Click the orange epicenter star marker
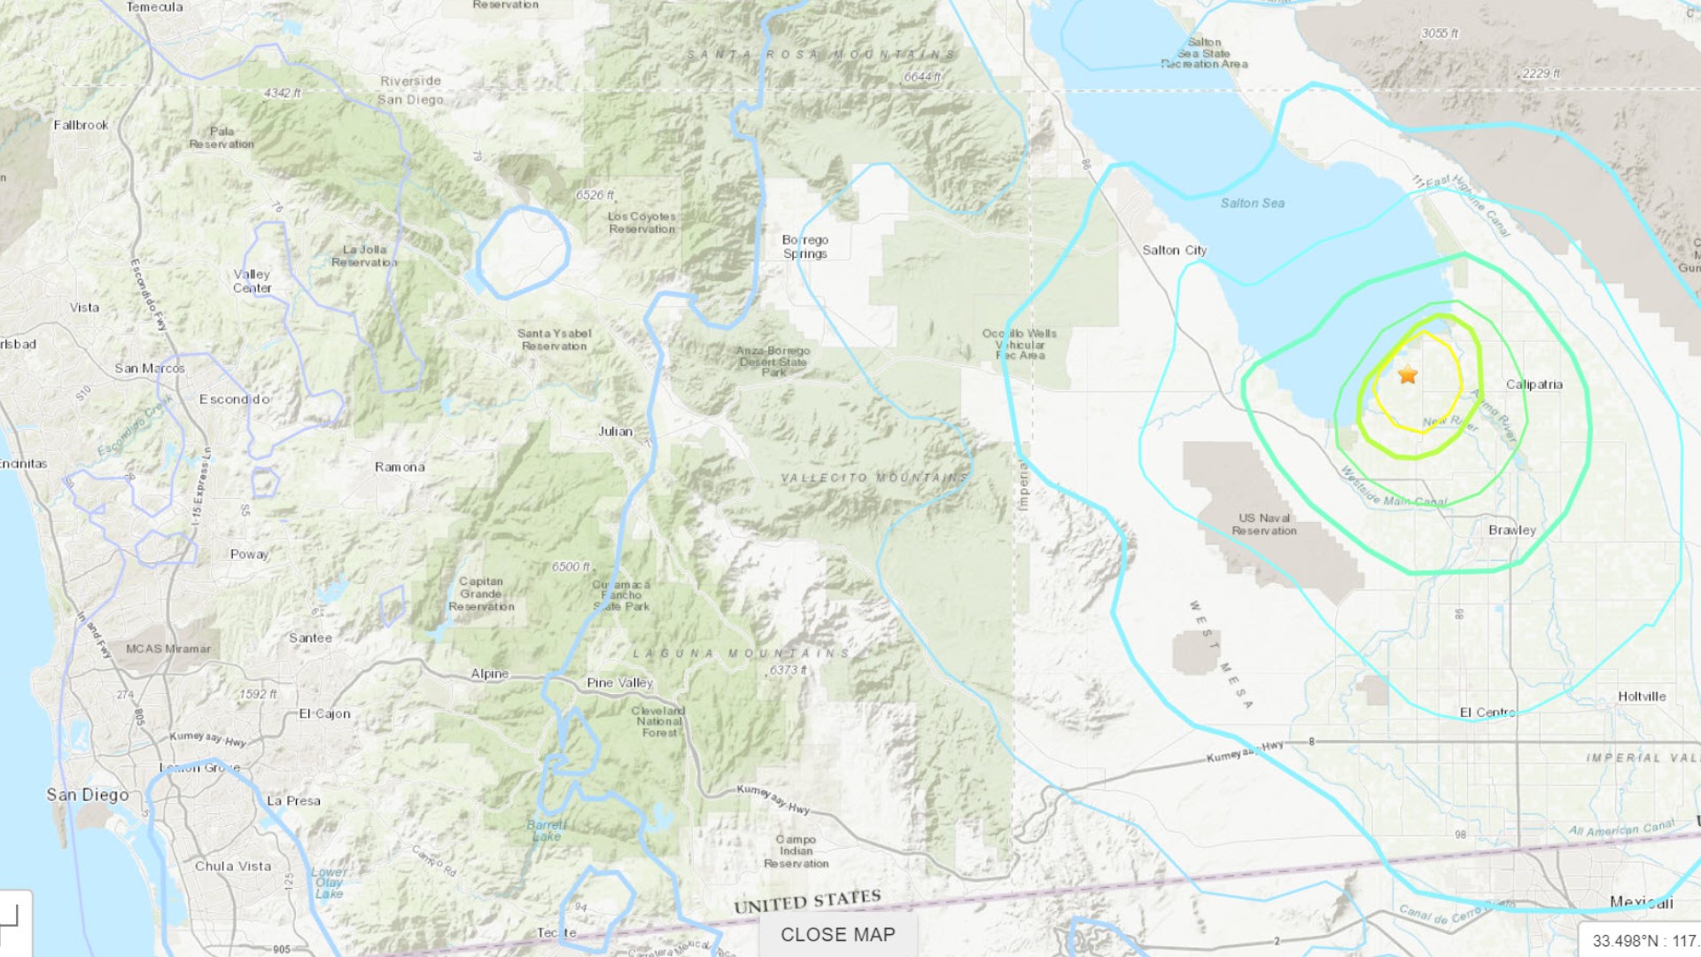[1408, 375]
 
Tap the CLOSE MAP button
[837, 935]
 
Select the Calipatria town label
[1534, 385]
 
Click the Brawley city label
[1511, 530]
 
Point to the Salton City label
[1174, 251]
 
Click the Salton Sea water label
[1252, 203]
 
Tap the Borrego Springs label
[804, 246]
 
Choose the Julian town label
[615, 432]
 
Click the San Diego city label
[88, 795]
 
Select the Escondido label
[234, 400]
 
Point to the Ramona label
[400, 467]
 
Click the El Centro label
[1487, 712]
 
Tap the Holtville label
[1641, 696]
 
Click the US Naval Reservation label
[1263, 525]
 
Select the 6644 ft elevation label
[921, 77]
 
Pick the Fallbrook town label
[81, 125]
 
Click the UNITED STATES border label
[807, 901]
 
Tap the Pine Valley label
[619, 683]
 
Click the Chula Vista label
[233, 867]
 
